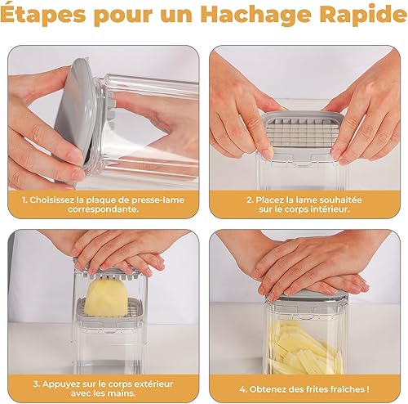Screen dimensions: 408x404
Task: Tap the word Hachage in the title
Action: point(256,16)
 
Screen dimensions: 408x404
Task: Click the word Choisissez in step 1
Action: point(52,200)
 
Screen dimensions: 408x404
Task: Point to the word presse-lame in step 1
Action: point(158,200)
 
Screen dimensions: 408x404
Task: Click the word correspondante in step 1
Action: point(102,209)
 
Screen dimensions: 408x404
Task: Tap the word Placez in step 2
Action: point(268,200)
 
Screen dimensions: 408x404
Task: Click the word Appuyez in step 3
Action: point(59,384)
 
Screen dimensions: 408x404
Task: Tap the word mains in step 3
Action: point(122,393)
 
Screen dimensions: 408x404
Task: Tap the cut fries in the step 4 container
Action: point(307,347)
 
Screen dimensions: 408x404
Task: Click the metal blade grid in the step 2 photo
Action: point(301,132)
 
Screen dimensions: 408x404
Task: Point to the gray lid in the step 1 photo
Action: point(75,114)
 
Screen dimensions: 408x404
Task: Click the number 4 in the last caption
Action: point(242,389)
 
